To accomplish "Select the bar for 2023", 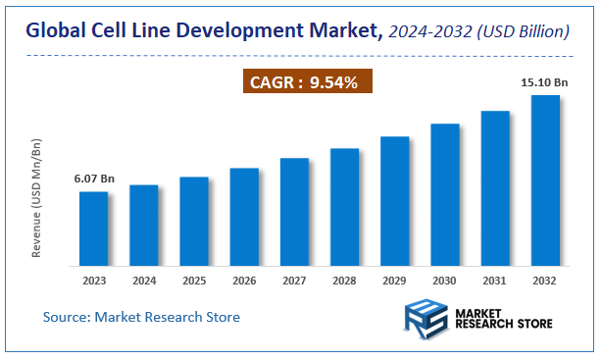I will pyautogui.click(x=94, y=228).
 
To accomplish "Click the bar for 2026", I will pyautogui.click(x=244, y=216).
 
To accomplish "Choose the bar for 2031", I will pyautogui.click(x=495, y=187).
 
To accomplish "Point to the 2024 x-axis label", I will pyautogui.click(x=144, y=280).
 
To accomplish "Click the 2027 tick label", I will pyautogui.click(x=294, y=280).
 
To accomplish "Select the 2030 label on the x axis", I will pyautogui.click(x=445, y=280).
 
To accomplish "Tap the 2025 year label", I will pyautogui.click(x=194, y=280).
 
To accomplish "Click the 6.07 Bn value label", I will pyautogui.click(x=94, y=179).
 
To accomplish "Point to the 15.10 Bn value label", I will pyautogui.click(x=545, y=82).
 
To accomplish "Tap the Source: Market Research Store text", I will pyautogui.click(x=141, y=317).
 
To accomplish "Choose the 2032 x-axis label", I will pyautogui.click(x=545, y=280).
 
